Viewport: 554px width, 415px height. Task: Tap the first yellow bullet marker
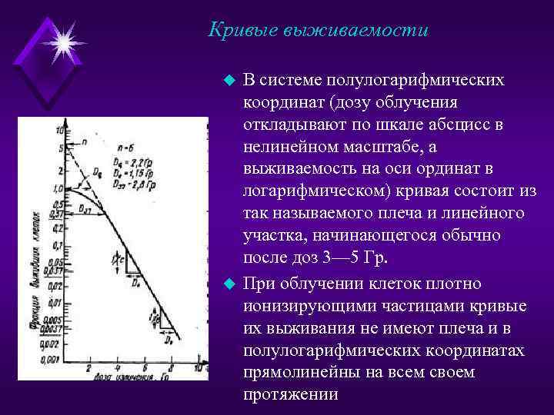(227, 81)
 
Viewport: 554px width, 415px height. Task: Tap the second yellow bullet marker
(227, 284)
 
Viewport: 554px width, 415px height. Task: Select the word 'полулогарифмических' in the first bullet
(415, 81)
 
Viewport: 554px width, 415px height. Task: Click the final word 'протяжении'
(291, 393)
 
